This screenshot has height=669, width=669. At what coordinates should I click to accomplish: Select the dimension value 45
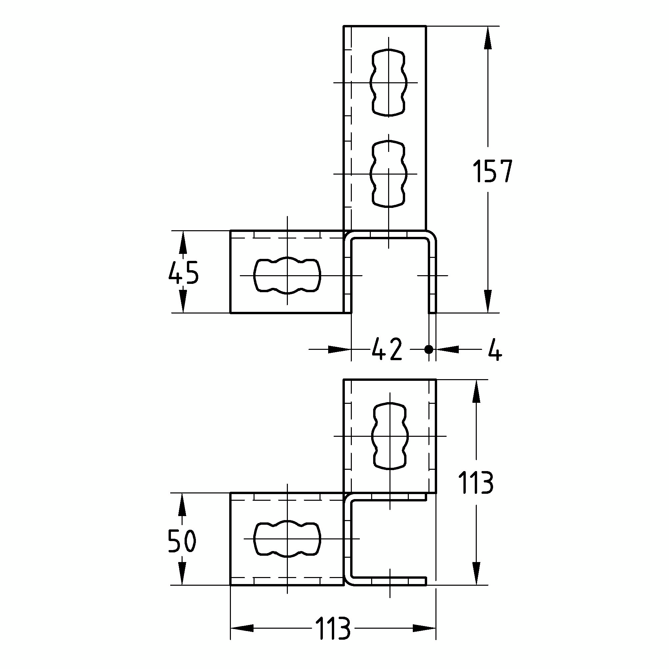[184, 272]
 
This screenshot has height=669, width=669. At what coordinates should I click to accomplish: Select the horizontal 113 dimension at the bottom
[333, 628]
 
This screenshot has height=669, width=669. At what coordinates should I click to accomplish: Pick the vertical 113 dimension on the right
[475, 483]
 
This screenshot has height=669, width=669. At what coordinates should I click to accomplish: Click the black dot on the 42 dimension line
[429, 349]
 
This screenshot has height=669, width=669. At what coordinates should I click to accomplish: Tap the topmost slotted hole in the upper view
[388, 82]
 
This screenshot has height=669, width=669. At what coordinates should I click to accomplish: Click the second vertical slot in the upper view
[388, 174]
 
